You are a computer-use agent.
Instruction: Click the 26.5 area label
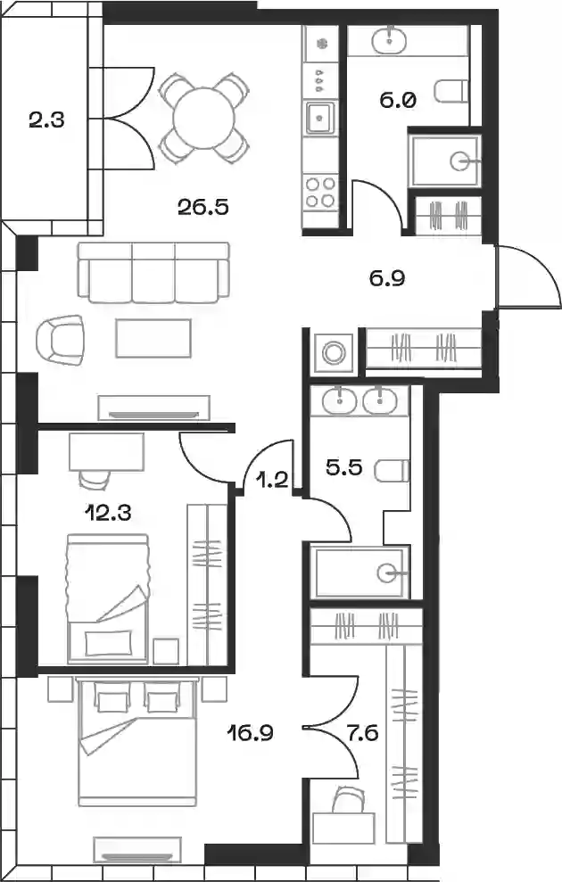pos(203,208)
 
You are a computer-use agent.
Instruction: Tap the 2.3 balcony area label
pos(47,120)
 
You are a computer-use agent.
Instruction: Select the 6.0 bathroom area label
pos(398,101)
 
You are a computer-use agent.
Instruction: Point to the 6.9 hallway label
pos(388,278)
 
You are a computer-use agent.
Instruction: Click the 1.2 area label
pos(272,481)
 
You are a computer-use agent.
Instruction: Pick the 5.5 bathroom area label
pos(343,467)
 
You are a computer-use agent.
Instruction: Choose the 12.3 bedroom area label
pos(107,513)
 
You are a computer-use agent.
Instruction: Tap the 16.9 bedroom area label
pos(251,733)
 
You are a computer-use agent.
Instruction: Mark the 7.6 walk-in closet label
pos(363,733)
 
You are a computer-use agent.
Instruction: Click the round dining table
pos(204,119)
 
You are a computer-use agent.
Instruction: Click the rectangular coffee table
pos(153,338)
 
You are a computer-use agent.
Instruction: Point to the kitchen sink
pos(319,118)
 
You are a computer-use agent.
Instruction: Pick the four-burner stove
pos(320,192)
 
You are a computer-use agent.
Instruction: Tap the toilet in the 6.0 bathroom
pos(451,92)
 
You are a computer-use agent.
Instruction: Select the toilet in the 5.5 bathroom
pos(392,470)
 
